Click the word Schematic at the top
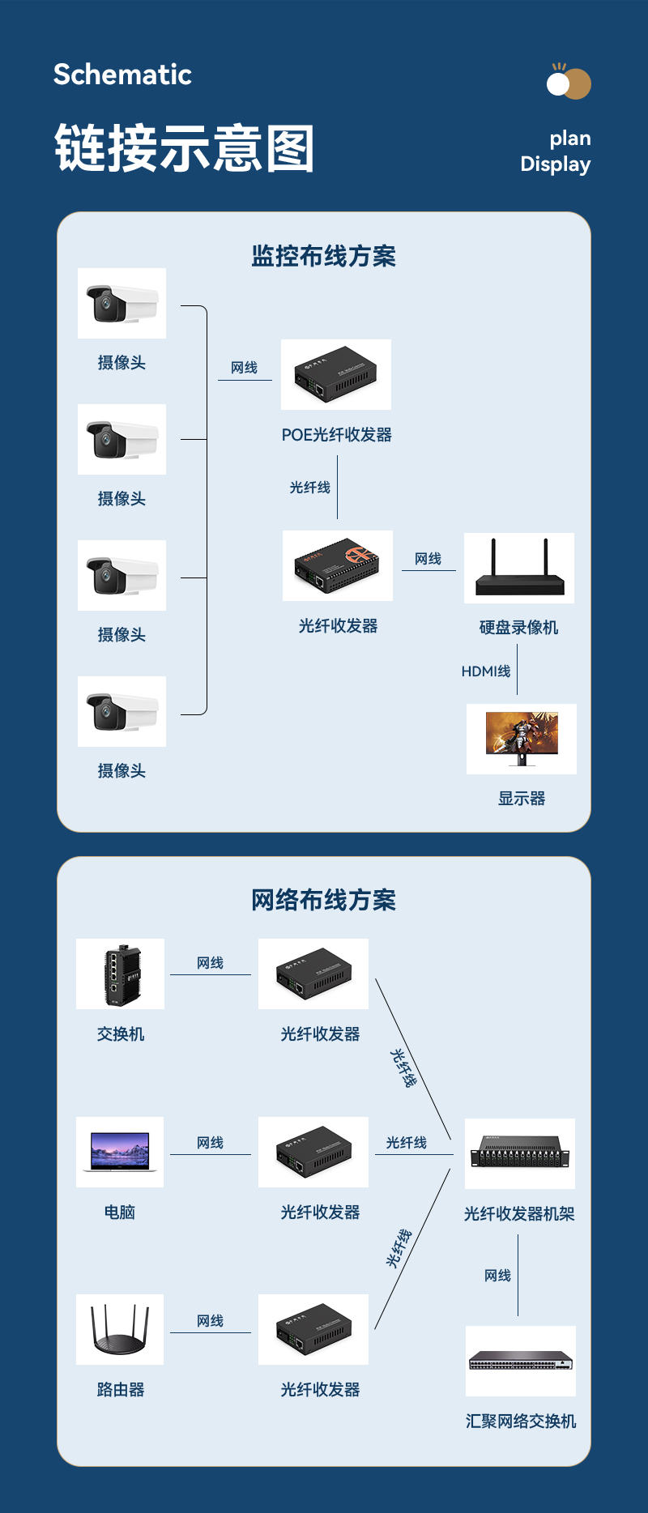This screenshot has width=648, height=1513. [122, 75]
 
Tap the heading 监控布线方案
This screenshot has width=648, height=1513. [323, 256]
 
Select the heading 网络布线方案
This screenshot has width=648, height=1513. [323, 900]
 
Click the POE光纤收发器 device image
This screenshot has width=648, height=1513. [335, 374]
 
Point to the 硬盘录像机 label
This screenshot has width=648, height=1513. [518, 628]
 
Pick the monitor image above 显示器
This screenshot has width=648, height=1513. [522, 739]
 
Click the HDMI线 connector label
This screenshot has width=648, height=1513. [486, 671]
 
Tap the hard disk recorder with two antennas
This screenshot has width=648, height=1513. [519, 568]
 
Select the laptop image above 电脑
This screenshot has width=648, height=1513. [120, 1152]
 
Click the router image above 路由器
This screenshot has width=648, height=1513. [120, 1329]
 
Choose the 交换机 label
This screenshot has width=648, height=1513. [121, 1034]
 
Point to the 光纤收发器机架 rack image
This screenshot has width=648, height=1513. [520, 1153]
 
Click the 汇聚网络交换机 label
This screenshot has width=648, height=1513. [521, 1421]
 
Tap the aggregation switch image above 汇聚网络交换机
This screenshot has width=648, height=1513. [521, 1361]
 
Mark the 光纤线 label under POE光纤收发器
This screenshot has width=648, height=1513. [310, 488]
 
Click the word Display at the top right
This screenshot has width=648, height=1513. [555, 164]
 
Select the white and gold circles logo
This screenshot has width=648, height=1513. [569, 83]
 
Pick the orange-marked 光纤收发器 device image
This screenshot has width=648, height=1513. [337, 565]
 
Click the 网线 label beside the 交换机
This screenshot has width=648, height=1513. [210, 963]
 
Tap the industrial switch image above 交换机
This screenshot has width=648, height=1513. [121, 974]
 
